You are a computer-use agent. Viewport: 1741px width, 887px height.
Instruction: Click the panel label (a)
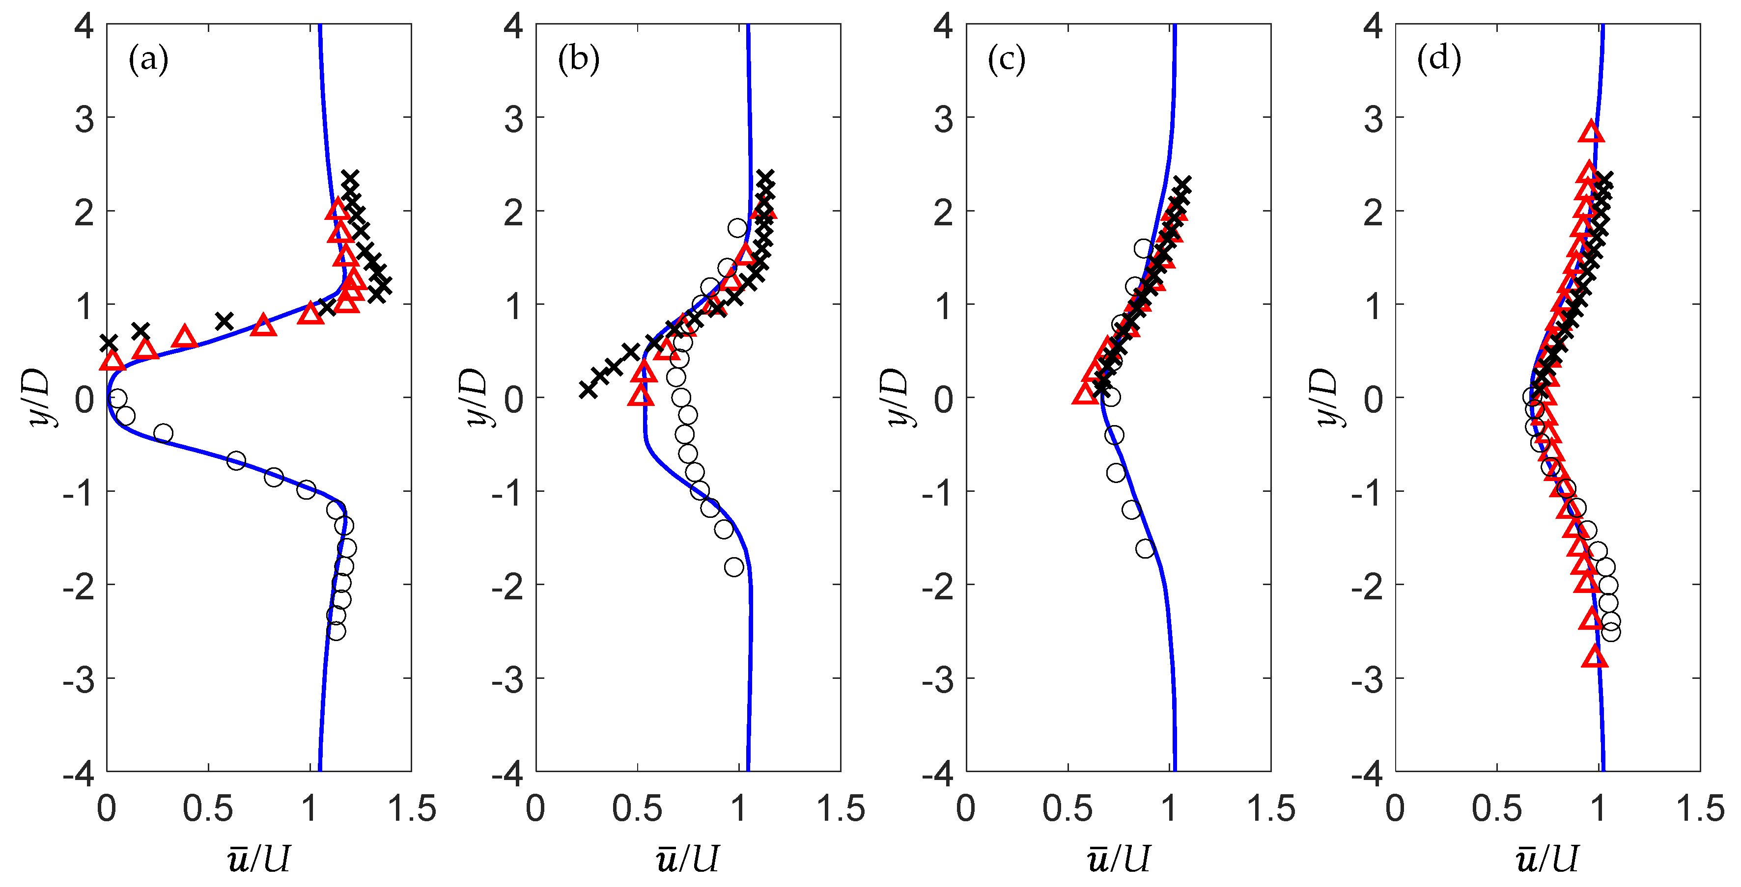click(x=148, y=59)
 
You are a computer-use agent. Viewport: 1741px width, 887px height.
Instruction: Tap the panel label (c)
click(x=1007, y=59)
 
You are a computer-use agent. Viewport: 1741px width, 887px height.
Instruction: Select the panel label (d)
click(x=1439, y=59)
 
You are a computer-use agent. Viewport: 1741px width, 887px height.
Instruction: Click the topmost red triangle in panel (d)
click(x=1592, y=133)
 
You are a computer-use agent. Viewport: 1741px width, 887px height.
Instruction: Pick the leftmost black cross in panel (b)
click(x=588, y=389)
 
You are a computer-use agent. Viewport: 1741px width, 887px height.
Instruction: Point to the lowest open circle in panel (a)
click(x=336, y=631)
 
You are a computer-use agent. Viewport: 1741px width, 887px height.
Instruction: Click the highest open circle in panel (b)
click(x=737, y=228)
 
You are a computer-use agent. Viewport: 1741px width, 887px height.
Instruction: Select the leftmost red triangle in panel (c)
click(x=1085, y=395)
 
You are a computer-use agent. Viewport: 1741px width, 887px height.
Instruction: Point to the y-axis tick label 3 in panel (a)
click(x=84, y=120)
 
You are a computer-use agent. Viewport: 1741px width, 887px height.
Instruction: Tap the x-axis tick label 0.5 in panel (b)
click(x=637, y=808)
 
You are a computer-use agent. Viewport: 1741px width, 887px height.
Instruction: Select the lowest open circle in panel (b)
click(x=734, y=567)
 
